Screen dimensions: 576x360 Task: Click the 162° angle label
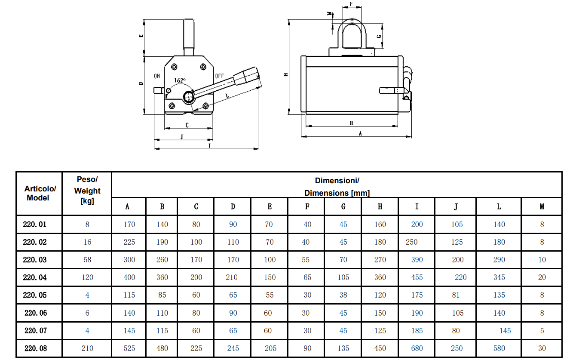point(180,80)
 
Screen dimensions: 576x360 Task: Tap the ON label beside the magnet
point(157,76)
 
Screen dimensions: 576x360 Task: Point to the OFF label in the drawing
point(219,76)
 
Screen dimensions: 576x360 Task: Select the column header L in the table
point(499,206)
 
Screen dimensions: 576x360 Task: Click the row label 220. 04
point(35,277)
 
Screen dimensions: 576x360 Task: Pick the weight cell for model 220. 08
point(87,348)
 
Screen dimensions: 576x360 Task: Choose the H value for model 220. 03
point(380,260)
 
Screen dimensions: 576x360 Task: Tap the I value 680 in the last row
point(417,348)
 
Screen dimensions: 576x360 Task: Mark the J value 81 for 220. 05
point(456,295)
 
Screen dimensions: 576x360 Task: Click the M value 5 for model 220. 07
point(542,331)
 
